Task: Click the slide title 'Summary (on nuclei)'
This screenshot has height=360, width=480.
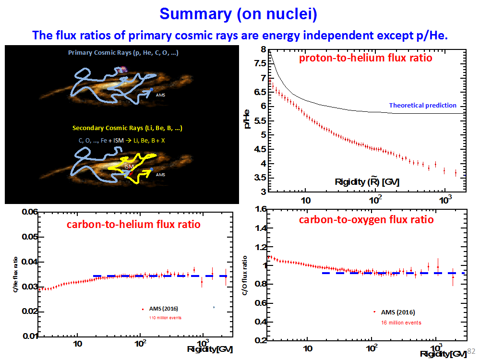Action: click(x=239, y=13)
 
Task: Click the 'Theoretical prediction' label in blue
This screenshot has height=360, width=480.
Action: click(x=422, y=105)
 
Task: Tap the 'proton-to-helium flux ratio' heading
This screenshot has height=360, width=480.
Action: click(x=365, y=59)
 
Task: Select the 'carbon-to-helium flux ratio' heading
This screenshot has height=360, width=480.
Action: click(x=133, y=224)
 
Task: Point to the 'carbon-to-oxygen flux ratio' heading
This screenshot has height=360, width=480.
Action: click(x=366, y=220)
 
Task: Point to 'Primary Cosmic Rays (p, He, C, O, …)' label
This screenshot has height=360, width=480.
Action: click(x=123, y=53)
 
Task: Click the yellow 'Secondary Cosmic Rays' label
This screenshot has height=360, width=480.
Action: click(x=127, y=128)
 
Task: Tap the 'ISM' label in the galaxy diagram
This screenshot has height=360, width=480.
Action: click(x=128, y=167)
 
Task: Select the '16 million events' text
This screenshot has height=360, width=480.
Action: click(x=401, y=323)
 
